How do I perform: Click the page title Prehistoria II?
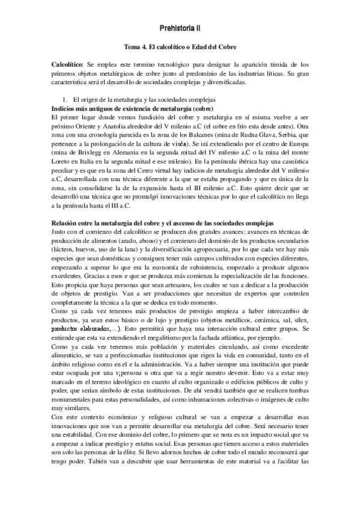click(180, 28)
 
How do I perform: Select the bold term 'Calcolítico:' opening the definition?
click(69, 64)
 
